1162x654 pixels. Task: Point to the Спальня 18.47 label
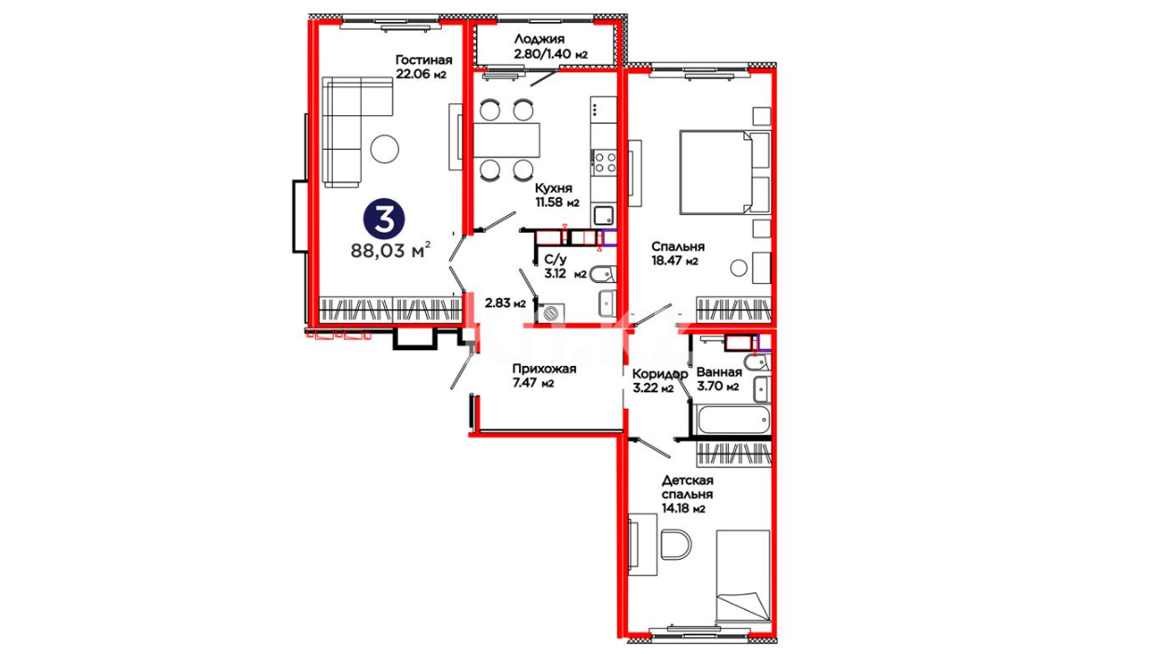point(678,254)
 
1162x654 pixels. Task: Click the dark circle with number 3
point(384,219)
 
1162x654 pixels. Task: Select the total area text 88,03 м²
point(391,250)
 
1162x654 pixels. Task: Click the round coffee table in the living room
point(384,148)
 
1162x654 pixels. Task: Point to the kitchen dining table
point(507,140)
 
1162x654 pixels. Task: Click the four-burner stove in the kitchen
point(605,162)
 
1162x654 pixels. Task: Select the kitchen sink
point(603,216)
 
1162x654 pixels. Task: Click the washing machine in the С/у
point(551,313)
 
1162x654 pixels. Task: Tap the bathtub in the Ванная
point(733,420)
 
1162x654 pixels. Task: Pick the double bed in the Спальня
point(724,172)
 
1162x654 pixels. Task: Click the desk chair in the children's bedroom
point(676,544)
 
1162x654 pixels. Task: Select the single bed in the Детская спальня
point(743,576)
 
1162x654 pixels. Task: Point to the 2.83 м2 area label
point(505,303)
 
